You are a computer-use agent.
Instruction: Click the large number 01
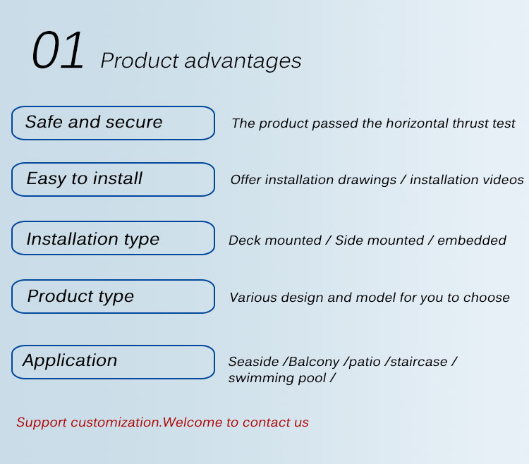click(58, 50)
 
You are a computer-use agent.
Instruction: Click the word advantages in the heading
click(243, 61)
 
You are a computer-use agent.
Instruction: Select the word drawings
click(367, 181)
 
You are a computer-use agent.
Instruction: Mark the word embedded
click(472, 240)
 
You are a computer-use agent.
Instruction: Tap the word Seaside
click(254, 362)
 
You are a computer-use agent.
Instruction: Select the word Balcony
click(314, 362)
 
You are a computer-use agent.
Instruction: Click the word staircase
click(419, 362)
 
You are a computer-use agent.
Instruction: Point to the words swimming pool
click(277, 379)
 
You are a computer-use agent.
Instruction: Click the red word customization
click(116, 422)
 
